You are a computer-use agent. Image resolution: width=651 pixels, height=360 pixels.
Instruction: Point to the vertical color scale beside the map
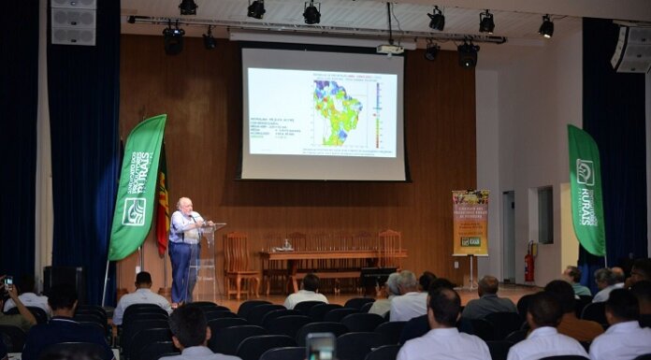click(378, 115)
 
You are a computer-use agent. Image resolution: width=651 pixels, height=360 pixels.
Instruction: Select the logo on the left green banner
click(134, 211)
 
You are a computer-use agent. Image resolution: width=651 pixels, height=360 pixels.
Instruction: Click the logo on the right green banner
click(586, 172)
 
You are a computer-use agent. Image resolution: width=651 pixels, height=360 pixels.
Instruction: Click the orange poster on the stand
click(470, 223)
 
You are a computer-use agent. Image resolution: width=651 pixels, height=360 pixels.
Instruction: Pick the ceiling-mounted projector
click(390, 49)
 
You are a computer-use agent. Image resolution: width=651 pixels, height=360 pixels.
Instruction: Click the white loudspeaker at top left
click(74, 22)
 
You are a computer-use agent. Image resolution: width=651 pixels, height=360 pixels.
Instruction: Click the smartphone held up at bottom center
click(321, 347)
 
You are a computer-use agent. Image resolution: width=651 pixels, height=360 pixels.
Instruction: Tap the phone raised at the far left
click(8, 281)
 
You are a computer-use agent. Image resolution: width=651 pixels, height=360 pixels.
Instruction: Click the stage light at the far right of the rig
click(546, 26)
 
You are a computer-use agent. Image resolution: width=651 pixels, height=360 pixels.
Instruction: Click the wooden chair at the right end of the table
click(390, 248)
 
